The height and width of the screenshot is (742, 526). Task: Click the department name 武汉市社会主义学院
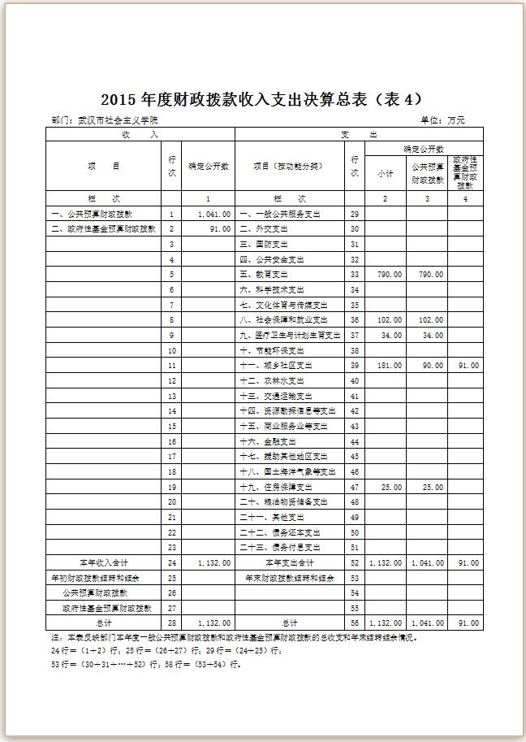point(118,120)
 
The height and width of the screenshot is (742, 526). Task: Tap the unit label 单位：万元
point(442,120)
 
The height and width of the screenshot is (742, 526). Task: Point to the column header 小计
point(385,173)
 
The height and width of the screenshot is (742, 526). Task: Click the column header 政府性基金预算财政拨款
point(463,173)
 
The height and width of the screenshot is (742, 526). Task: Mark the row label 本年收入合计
point(102,562)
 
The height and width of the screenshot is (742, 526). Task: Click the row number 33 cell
point(354,275)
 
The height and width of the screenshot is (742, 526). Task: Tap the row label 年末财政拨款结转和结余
point(289,578)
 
